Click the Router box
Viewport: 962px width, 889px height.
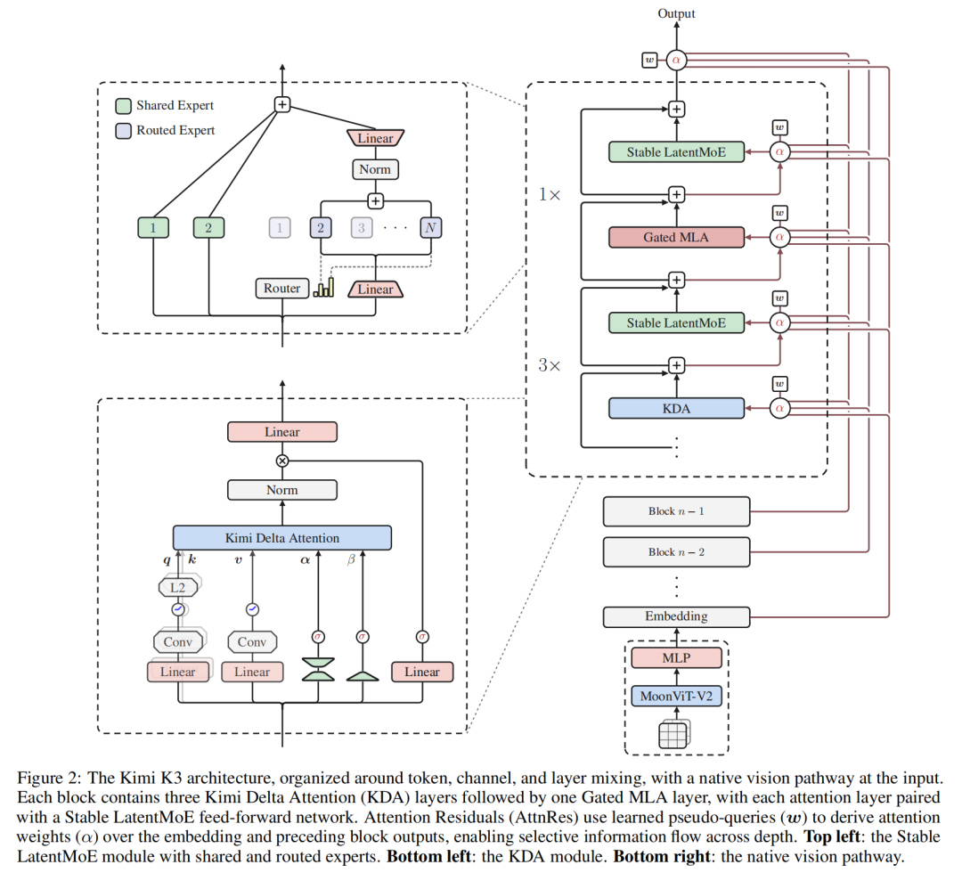pos(281,289)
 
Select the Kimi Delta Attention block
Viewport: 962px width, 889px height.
pos(282,538)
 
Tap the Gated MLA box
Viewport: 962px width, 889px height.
pos(676,238)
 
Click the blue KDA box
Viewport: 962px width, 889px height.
pos(676,409)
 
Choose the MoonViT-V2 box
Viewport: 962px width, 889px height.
pos(676,696)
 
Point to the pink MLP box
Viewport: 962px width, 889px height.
pos(676,657)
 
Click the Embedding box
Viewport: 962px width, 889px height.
pos(676,616)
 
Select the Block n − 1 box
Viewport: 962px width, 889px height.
pos(676,511)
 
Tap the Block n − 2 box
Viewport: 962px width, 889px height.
pos(676,552)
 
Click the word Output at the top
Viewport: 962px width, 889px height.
pos(676,13)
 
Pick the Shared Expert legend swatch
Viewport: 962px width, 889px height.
pos(123,106)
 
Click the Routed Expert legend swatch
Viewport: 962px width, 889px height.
pos(123,131)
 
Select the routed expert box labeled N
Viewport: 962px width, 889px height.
pos(431,228)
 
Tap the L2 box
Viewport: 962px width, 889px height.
pos(178,587)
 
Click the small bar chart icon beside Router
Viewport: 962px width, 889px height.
pos(323,287)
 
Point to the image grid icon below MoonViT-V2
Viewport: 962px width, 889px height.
pos(673,734)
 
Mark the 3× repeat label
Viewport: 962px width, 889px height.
pos(549,365)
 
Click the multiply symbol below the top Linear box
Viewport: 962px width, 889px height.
pos(282,461)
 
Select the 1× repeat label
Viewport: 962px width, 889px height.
pos(549,195)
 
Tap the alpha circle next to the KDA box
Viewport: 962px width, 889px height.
pos(779,409)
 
